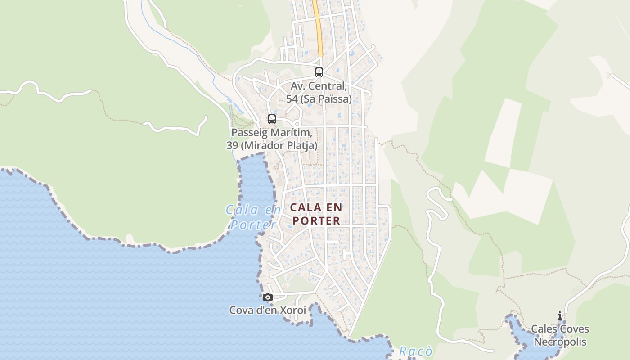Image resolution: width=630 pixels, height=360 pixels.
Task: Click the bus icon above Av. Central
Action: point(319,72)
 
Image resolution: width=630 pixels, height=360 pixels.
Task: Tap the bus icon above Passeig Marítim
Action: point(272,119)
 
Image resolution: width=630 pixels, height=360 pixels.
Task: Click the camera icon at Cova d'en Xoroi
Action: point(268,297)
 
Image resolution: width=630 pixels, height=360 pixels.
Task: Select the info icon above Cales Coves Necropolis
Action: point(560,315)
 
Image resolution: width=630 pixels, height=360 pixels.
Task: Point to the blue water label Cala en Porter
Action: point(253,217)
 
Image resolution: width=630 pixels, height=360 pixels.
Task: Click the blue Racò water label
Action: point(416,351)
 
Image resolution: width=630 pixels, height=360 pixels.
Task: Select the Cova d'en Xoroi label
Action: point(267,310)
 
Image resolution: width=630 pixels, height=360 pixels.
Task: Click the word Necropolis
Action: point(560,342)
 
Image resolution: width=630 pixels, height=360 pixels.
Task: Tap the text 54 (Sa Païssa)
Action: point(319,99)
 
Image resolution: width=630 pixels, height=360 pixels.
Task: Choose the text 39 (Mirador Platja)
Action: point(272,145)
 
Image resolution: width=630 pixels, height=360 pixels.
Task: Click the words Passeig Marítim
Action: point(272,133)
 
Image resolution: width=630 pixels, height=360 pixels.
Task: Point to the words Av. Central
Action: point(319,85)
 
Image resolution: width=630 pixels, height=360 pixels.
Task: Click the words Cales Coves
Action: point(560,329)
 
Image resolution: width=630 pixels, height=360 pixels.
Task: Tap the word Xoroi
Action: point(293,310)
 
